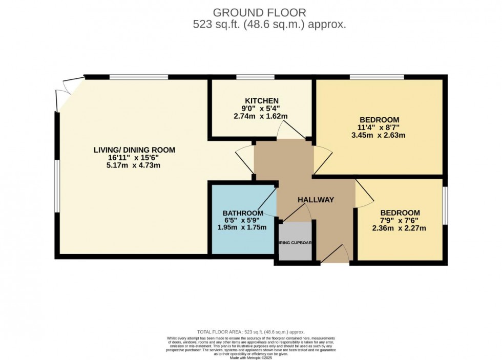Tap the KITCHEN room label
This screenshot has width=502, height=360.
[x=261, y=101]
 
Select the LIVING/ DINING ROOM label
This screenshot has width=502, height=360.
[x=134, y=150]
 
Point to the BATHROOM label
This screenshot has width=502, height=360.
[x=243, y=213]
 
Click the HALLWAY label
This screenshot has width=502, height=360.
[x=316, y=200]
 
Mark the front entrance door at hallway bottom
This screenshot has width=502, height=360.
[x=335, y=255]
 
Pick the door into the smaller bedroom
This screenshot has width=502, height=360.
[x=364, y=195]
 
